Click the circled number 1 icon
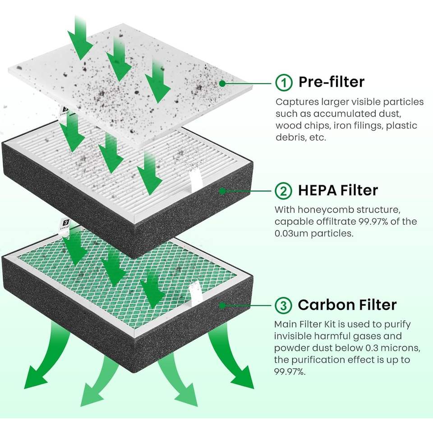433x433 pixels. [x=283, y=82]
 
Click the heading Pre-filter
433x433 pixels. [x=331, y=82]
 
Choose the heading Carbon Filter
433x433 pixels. [x=347, y=305]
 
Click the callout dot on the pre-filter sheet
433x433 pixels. [x=222, y=83]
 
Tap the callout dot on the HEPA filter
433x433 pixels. [x=222, y=191]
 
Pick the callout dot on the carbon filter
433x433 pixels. [x=222, y=305]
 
